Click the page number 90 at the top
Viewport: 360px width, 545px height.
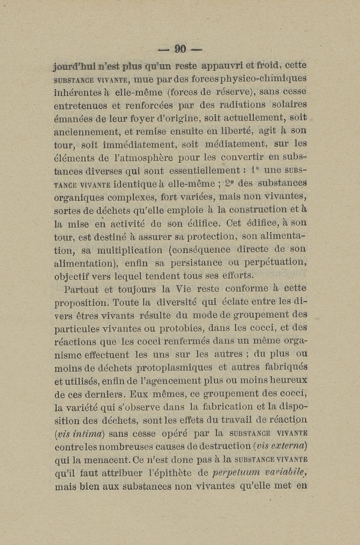180,48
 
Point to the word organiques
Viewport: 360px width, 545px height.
79,197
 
